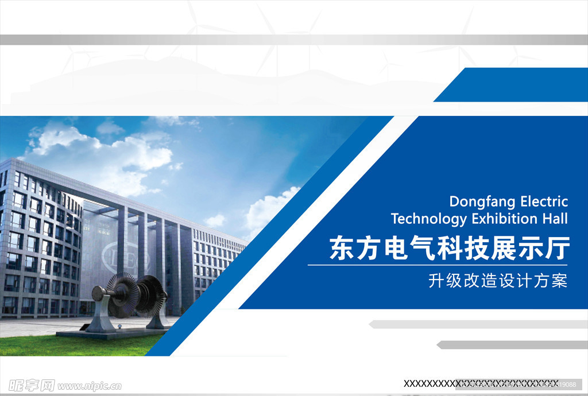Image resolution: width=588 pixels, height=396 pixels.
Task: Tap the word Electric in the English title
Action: pos(544,201)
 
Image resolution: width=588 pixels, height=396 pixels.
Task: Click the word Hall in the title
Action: pos(555,219)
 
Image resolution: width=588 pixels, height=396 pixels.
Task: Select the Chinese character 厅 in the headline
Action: pos(557,249)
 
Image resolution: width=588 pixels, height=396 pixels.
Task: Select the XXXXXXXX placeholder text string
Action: pos(481,383)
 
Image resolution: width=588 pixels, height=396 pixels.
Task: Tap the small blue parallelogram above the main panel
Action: pos(511,85)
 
